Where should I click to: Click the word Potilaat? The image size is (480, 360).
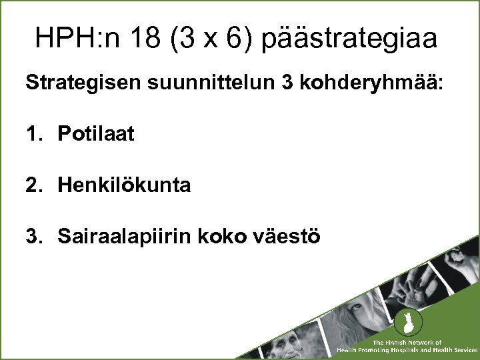tap(96, 134)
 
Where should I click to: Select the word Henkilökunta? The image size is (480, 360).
tap(124, 185)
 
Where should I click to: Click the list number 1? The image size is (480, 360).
tap(33, 134)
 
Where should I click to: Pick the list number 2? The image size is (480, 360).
tap(33, 185)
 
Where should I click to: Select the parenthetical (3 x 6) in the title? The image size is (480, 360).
tap(210, 39)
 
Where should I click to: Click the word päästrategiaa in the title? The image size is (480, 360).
tap(350, 39)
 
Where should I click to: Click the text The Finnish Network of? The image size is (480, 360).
tap(407, 342)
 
